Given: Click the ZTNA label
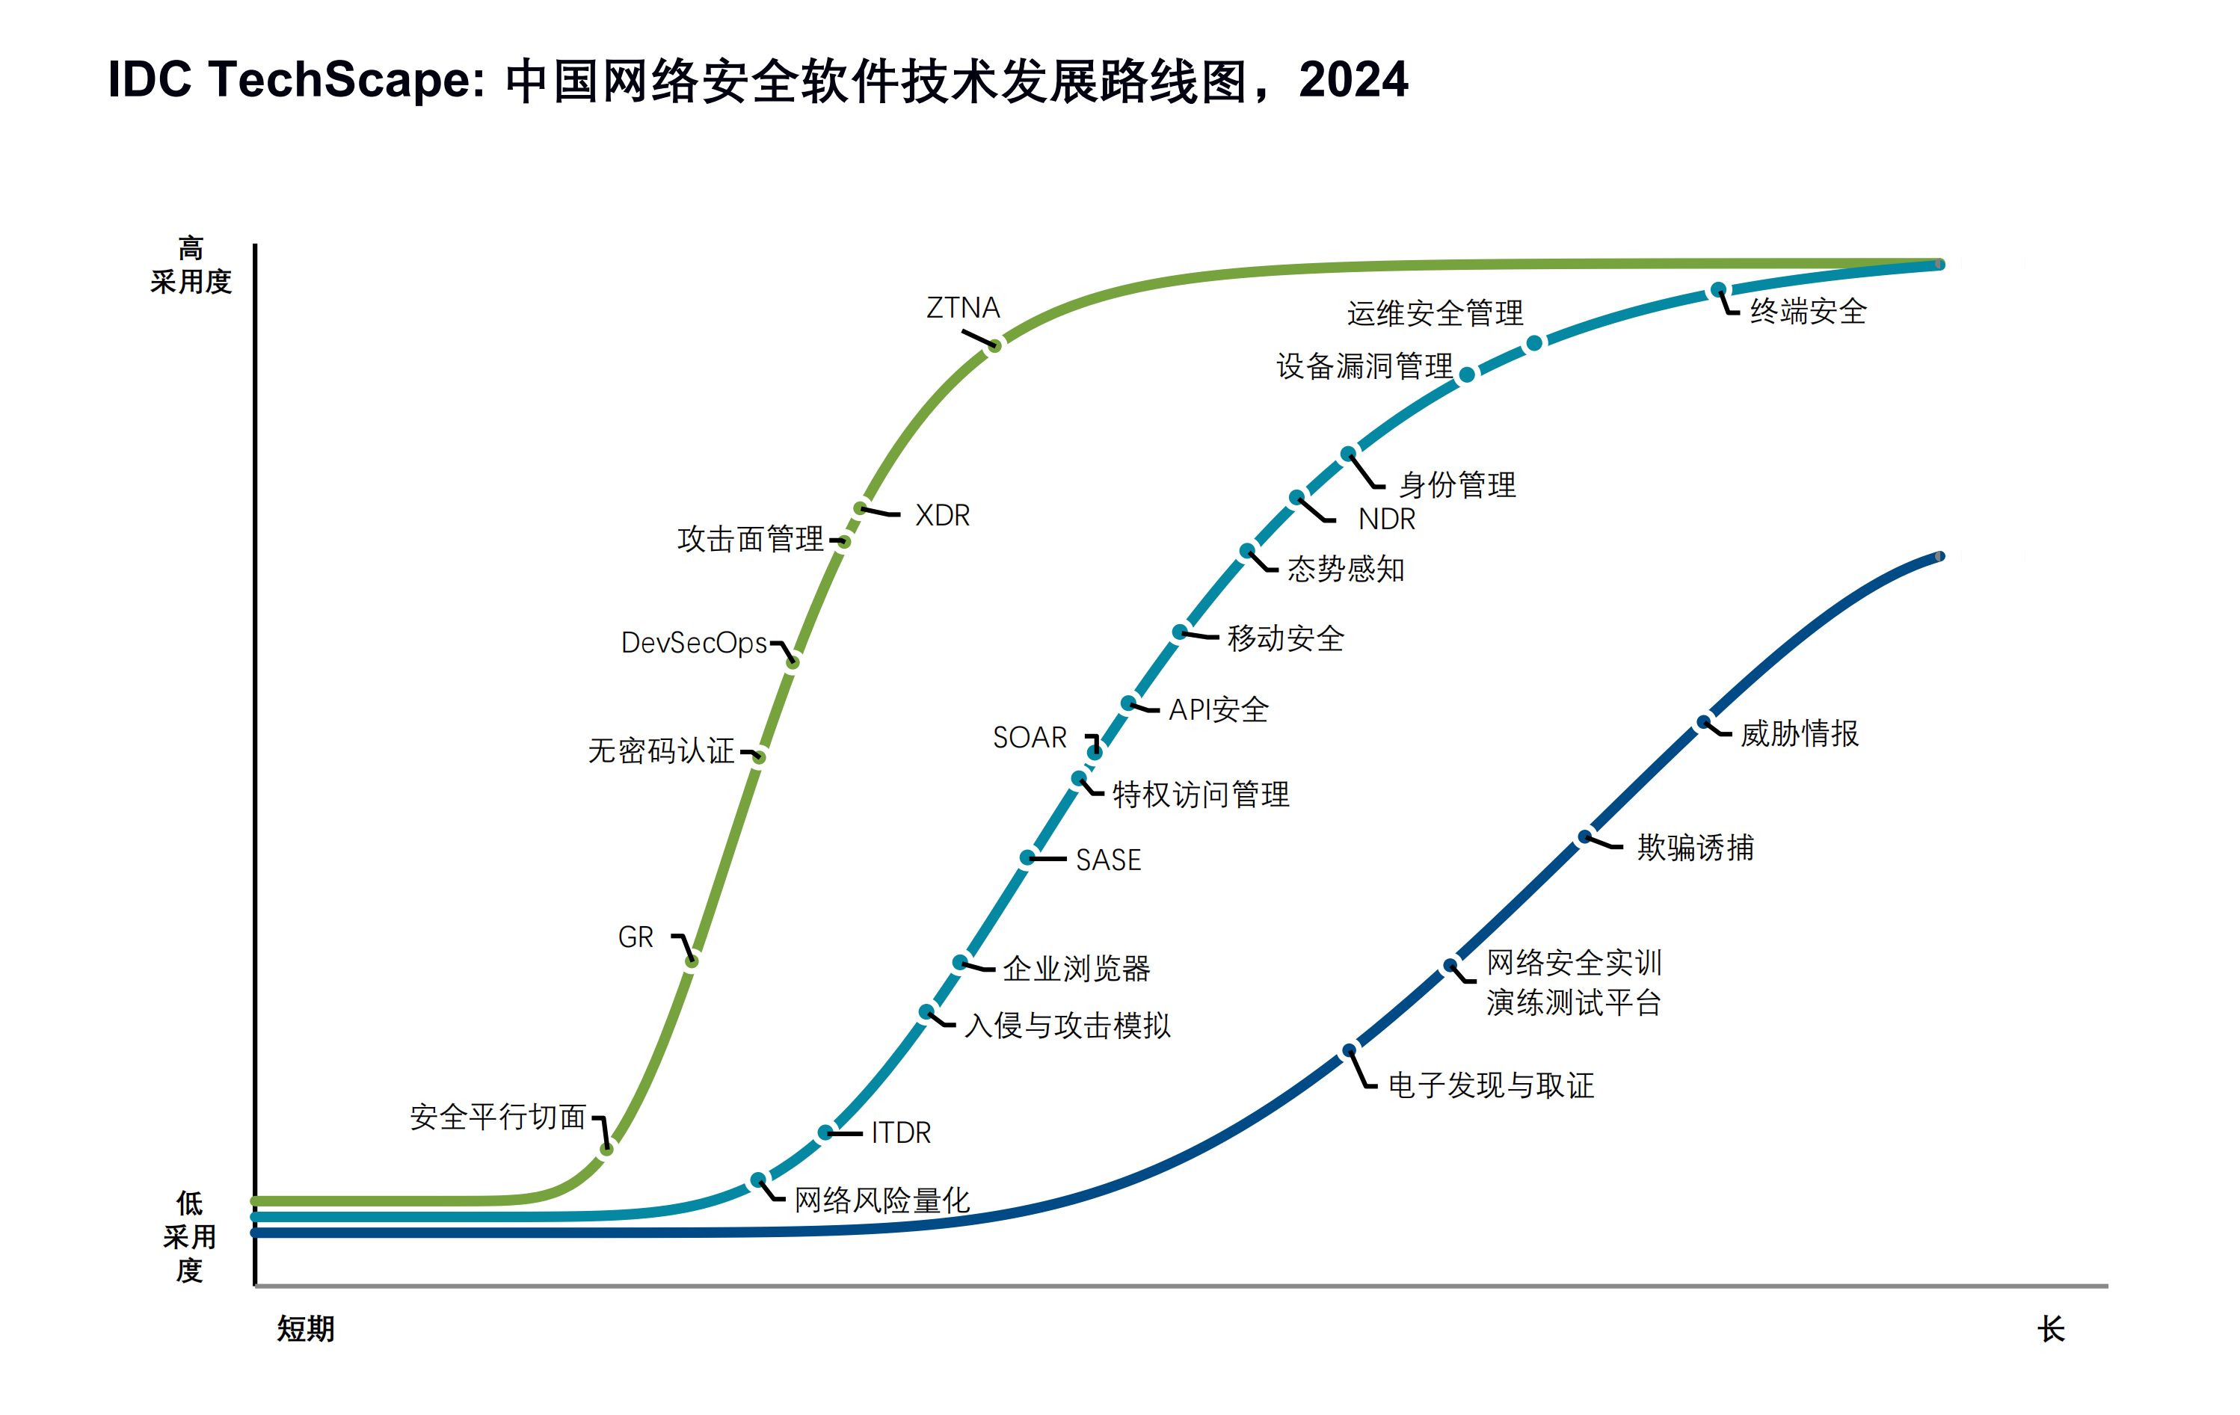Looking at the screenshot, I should pyautogui.click(x=963, y=308).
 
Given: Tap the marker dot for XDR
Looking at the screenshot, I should pyautogui.click(x=861, y=508).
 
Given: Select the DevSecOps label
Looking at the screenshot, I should pyautogui.click(x=694, y=643).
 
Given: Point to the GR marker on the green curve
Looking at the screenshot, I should pyautogui.click(x=691, y=961).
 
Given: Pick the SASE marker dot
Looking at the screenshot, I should pyautogui.click(x=1027, y=857).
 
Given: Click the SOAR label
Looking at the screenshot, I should pyautogui.click(x=1030, y=738).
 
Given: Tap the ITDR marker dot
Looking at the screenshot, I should pyautogui.click(x=825, y=1132).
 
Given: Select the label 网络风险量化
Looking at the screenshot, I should pyautogui.click(x=881, y=1200).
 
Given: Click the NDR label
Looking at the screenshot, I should pyautogui.click(x=1386, y=519).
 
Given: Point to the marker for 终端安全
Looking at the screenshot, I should pyautogui.click(x=1719, y=290).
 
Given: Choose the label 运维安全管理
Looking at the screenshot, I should pyautogui.click(x=1435, y=313).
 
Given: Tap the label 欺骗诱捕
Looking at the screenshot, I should pyautogui.click(x=1695, y=848).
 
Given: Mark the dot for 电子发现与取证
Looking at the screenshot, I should pyautogui.click(x=1349, y=1051).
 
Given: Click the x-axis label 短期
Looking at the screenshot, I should pyautogui.click(x=305, y=1328).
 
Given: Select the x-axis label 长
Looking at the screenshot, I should pyautogui.click(x=2050, y=1328).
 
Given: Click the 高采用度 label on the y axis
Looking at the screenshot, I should pyautogui.click(x=191, y=265).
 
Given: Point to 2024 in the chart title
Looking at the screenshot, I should pyautogui.click(x=1353, y=80).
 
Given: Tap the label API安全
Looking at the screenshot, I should pyautogui.click(x=1219, y=710).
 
